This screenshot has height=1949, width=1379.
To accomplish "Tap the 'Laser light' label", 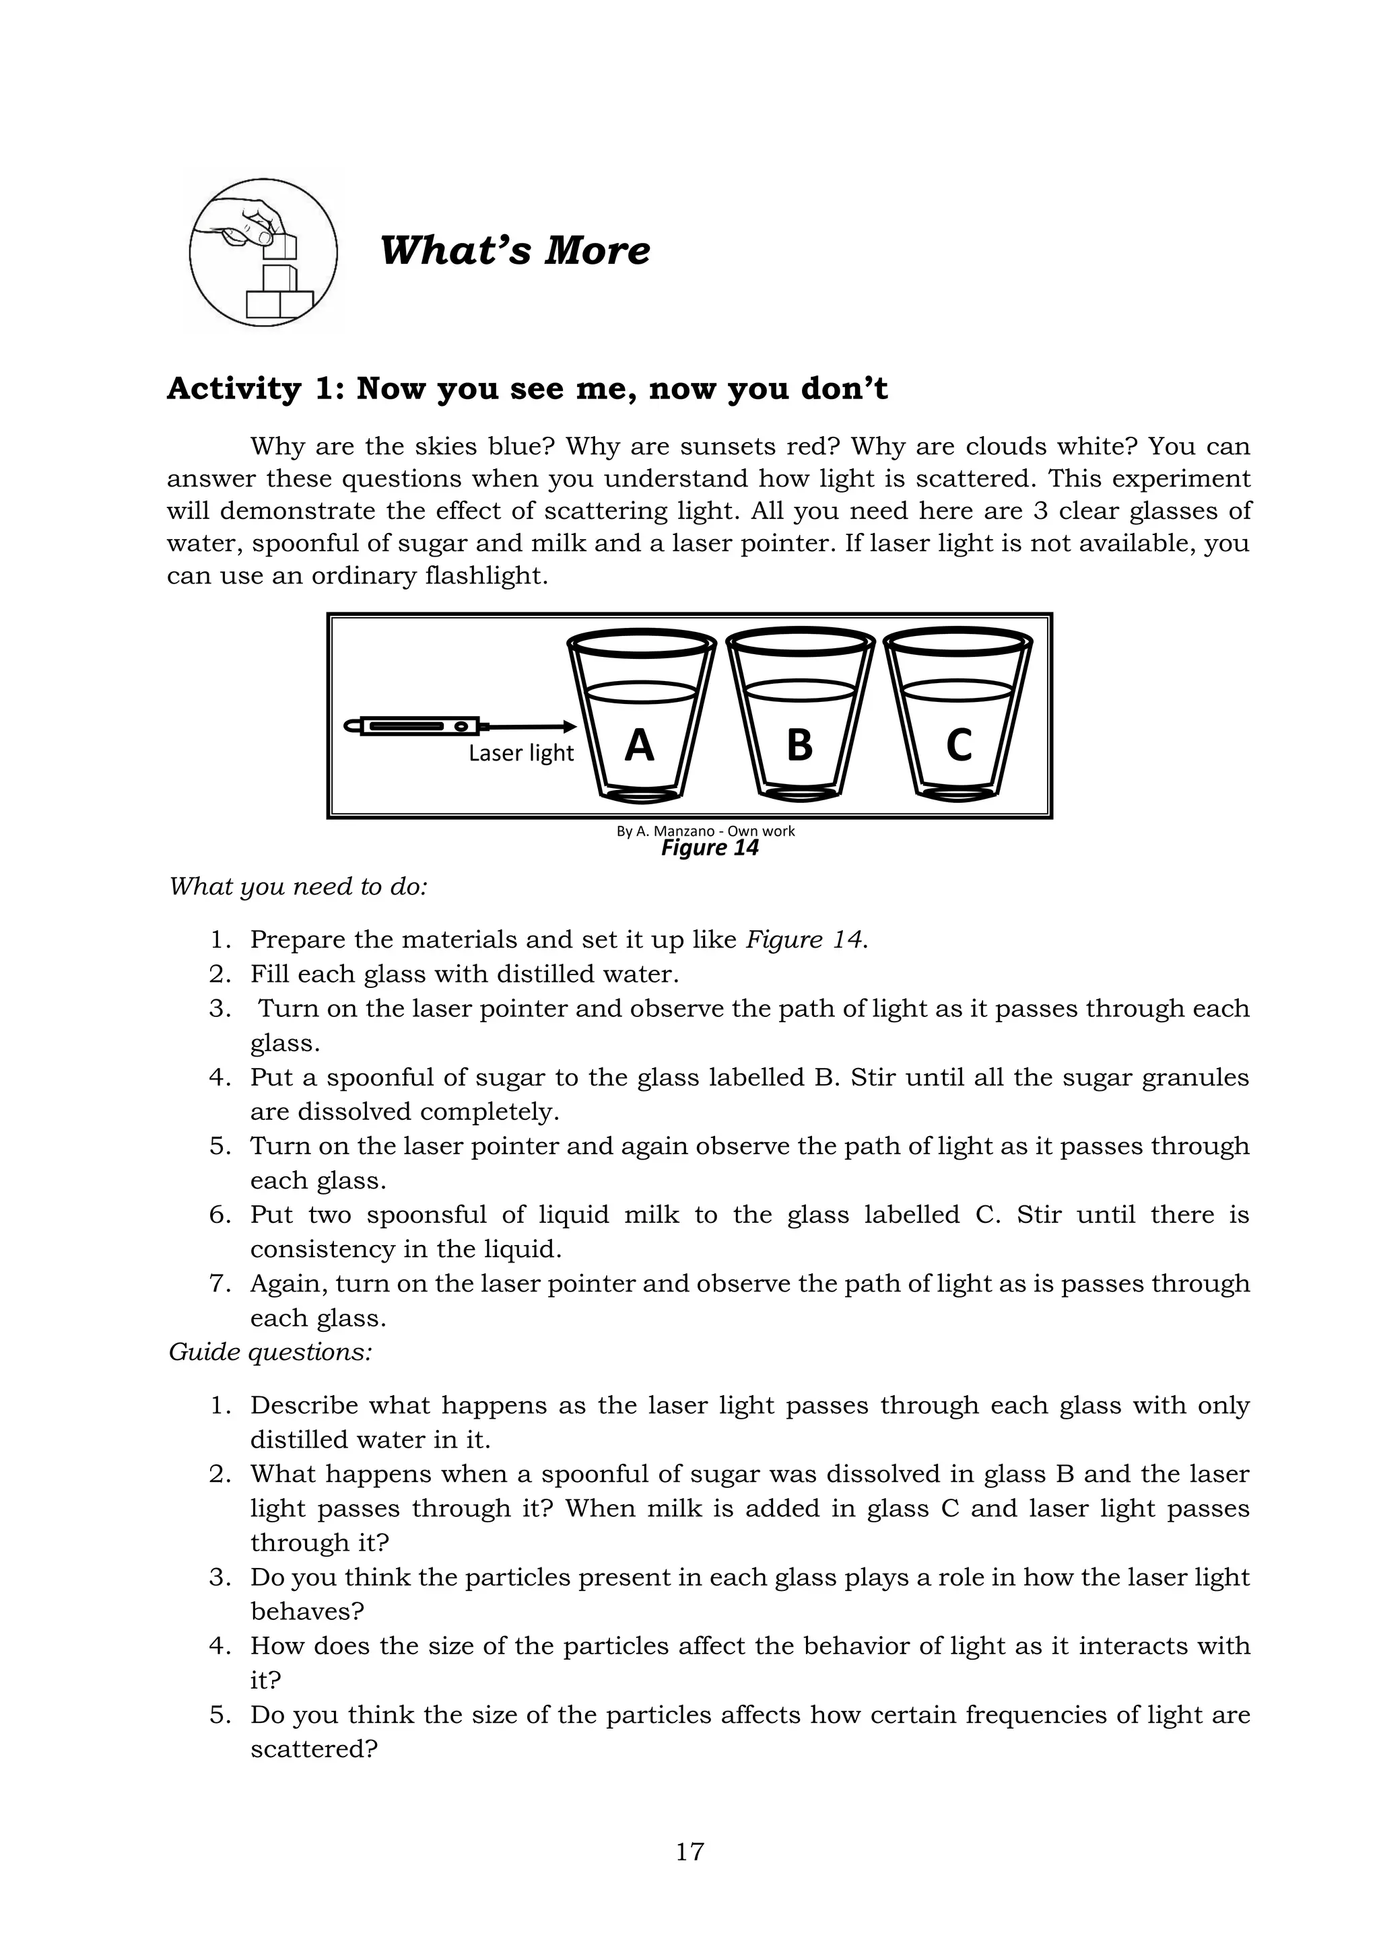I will (x=520, y=753).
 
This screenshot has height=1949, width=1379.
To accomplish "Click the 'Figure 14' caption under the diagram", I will (x=709, y=848).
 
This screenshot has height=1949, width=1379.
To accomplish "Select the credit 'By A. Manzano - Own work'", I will (x=705, y=831).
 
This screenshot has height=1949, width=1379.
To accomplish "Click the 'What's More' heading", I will (x=514, y=250).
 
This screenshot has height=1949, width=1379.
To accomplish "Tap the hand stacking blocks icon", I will (x=263, y=252).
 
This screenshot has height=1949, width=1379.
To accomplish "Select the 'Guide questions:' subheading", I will (x=270, y=1351).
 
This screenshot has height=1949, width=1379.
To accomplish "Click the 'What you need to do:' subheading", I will (x=297, y=886).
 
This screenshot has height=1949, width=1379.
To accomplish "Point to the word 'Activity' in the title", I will (x=234, y=389).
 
